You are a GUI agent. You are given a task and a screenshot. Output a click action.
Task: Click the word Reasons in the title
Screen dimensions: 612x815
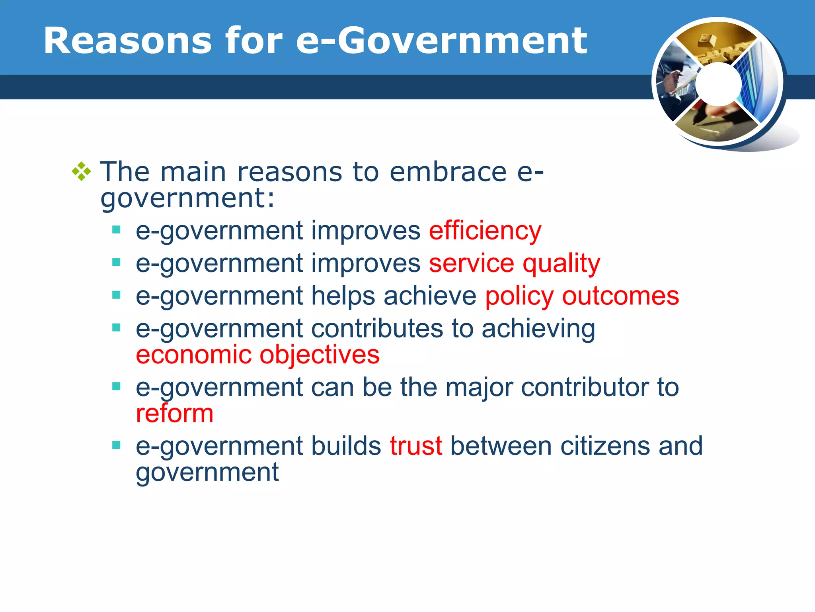[127, 41]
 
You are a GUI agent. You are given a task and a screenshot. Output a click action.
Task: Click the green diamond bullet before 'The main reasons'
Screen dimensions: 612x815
[82, 172]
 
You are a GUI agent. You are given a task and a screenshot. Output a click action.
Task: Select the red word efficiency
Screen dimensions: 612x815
[485, 231]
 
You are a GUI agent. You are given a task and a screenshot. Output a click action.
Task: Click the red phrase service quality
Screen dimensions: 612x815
[514, 263]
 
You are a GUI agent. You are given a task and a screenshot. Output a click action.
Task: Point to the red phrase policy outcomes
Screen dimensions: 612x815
[582, 296]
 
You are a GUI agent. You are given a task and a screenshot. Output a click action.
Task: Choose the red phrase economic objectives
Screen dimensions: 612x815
[257, 355]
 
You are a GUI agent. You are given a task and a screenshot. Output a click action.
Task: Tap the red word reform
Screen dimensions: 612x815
[175, 413]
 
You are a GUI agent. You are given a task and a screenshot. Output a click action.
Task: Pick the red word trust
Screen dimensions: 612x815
[415, 446]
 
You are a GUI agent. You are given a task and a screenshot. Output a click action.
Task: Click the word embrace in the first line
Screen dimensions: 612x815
[448, 172]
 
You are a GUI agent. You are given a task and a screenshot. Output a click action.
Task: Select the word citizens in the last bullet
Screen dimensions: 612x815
[605, 446]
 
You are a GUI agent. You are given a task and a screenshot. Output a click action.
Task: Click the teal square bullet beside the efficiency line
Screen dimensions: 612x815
[116, 230]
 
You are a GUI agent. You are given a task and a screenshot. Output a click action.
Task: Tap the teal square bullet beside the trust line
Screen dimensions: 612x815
[116, 445]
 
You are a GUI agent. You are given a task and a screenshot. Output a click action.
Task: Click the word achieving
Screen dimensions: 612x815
[538, 329]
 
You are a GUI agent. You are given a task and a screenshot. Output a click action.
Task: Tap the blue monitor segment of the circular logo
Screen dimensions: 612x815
[756, 84]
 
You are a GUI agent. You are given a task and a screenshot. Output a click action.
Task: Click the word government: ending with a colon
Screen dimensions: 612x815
[187, 198]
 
